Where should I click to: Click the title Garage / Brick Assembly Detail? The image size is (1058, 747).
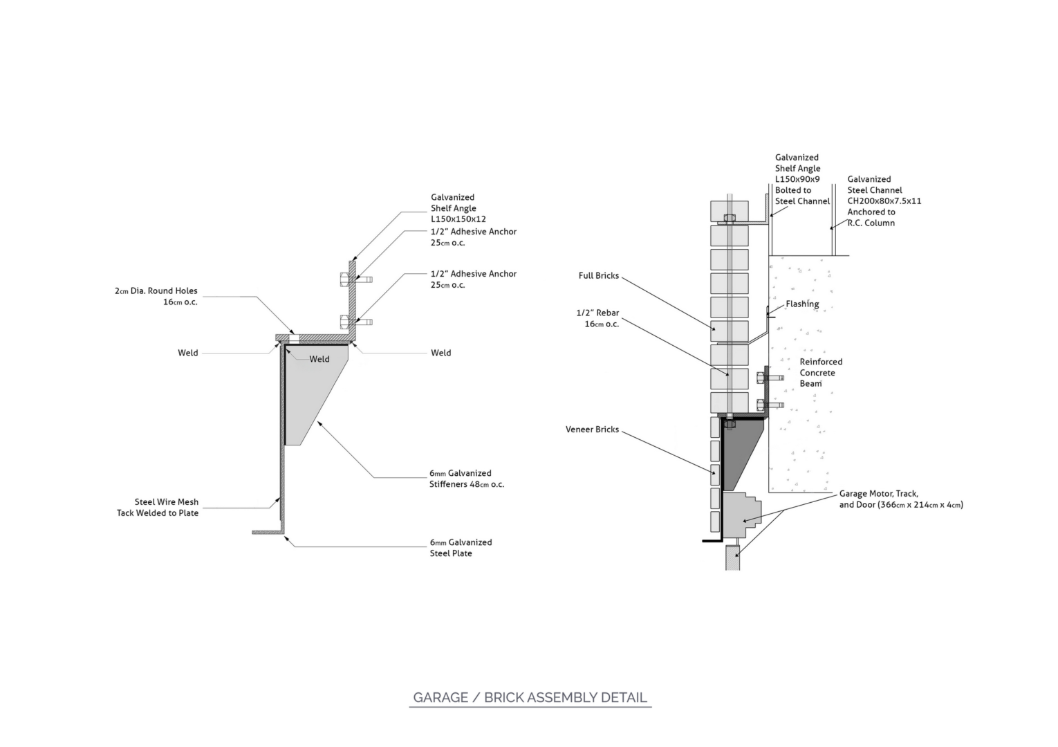tap(530, 697)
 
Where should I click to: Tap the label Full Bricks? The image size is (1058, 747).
tap(598, 275)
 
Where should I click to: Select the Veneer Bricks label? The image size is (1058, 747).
tap(592, 430)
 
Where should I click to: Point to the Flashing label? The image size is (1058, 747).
tap(802, 304)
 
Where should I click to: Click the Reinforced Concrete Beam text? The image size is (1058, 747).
tap(820, 372)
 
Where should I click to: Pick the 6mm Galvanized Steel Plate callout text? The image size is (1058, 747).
tap(461, 548)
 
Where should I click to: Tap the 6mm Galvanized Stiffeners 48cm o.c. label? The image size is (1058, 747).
tap(466, 479)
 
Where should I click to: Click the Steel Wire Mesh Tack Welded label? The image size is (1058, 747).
tap(158, 507)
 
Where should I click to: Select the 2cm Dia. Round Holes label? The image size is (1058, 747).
tap(156, 296)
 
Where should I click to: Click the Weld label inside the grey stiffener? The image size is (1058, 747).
tap(319, 359)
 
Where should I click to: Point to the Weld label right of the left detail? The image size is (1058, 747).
tap(440, 353)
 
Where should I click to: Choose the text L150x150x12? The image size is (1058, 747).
tap(458, 219)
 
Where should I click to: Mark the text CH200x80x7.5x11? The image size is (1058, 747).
tap(884, 201)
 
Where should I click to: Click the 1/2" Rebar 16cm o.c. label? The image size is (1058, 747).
tap(597, 318)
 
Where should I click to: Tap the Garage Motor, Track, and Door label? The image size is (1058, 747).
tap(900, 499)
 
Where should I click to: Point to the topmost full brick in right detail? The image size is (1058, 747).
tap(730, 209)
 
